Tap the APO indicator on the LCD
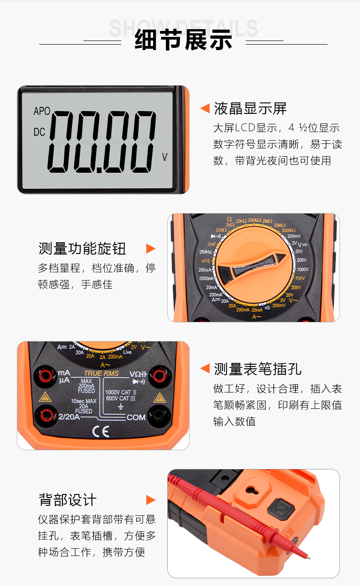click(42, 112)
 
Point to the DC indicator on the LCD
click(40, 132)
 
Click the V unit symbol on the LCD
click(165, 158)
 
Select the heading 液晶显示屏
click(250, 109)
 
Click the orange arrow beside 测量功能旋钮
click(150, 249)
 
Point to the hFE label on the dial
click(206, 261)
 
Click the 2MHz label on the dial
click(206, 252)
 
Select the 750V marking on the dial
click(300, 278)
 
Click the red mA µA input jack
click(46, 376)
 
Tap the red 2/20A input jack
click(46, 414)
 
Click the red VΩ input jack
click(159, 376)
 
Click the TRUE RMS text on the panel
click(101, 373)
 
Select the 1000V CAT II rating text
click(121, 392)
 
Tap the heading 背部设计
click(67, 499)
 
